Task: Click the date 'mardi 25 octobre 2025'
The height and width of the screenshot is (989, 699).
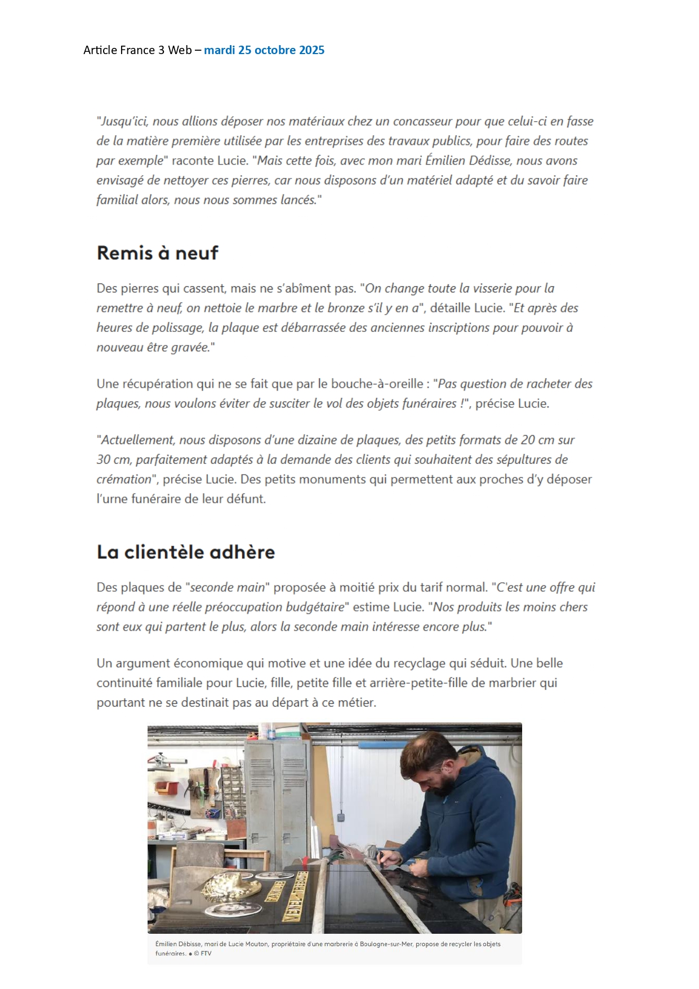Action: coord(264,50)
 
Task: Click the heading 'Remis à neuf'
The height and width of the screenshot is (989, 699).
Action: coord(157,253)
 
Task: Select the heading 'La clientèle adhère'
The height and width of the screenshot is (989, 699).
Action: coord(185,552)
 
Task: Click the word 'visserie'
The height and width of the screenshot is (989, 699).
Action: coord(492,289)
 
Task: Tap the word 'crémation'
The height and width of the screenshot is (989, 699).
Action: coord(124,480)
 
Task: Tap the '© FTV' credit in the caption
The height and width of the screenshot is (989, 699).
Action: coord(203,953)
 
